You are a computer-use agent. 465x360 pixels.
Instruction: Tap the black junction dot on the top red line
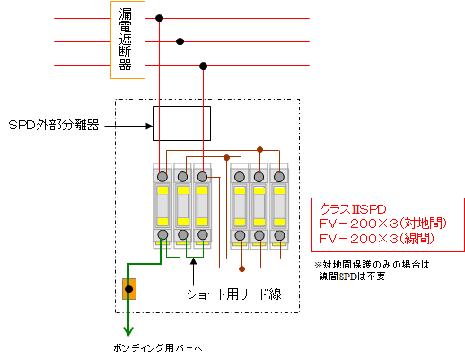pyautogui.click(x=160, y=18)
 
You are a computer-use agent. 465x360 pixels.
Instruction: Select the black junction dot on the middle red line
pyautogui.click(x=180, y=41)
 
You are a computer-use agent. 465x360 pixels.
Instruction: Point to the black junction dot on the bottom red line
pyautogui.click(x=203, y=66)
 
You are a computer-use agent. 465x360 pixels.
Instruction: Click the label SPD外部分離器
pyautogui.click(x=54, y=125)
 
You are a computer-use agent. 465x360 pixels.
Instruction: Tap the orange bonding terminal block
pyautogui.click(x=129, y=289)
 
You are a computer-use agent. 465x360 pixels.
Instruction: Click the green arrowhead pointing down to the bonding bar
pyautogui.click(x=128, y=331)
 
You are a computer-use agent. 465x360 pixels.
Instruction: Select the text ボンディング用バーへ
pyautogui.click(x=158, y=347)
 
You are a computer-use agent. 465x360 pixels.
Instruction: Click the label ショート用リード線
pyautogui.click(x=234, y=294)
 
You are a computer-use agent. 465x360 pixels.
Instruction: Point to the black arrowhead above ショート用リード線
pyautogui.click(x=194, y=261)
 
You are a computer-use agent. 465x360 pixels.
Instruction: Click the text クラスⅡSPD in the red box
pyautogui.click(x=353, y=209)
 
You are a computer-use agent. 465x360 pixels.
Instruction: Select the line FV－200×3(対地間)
pyautogui.click(x=383, y=224)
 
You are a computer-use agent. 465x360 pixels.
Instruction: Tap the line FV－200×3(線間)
pyautogui.click(x=377, y=239)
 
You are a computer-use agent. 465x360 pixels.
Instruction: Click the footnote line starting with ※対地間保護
pyautogui.click(x=372, y=265)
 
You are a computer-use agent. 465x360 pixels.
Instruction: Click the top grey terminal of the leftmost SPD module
pyautogui.click(x=162, y=177)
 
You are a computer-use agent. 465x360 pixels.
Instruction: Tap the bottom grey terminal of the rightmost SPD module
pyautogui.click(x=279, y=235)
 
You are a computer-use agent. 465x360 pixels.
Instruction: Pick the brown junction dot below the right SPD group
pyautogui.click(x=241, y=268)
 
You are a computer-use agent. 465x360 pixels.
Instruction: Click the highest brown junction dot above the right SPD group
pyautogui.click(x=259, y=149)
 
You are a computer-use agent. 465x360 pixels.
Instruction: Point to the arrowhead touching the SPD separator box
pyautogui.click(x=149, y=126)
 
